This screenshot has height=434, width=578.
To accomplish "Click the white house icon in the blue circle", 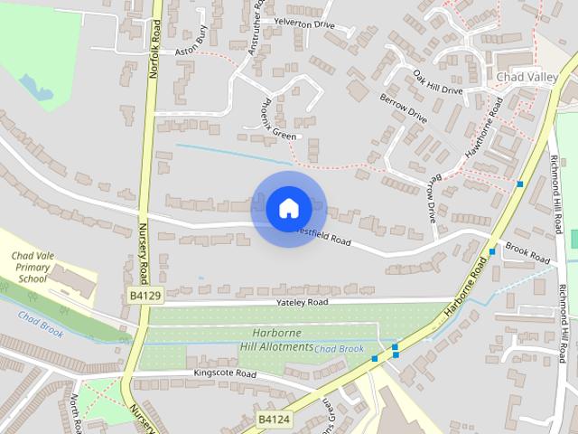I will tap(288, 208).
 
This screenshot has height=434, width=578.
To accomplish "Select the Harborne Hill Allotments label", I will tap(276, 340).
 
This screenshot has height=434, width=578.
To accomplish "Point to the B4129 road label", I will tap(144, 296).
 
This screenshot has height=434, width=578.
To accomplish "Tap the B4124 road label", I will tap(274, 420).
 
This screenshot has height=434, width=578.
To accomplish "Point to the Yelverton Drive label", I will tap(304, 24).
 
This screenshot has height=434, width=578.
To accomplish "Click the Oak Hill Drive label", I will tap(438, 82).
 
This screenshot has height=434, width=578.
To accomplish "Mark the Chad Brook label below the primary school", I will tap(41, 325).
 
